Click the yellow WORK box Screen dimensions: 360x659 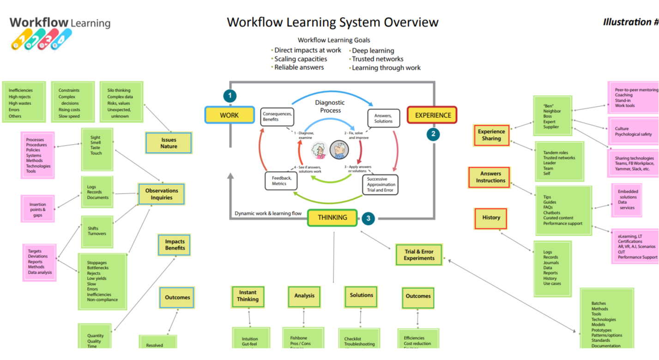tap(230, 115)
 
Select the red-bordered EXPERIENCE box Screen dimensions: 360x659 tap(432, 115)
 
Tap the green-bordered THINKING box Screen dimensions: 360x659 tap(332, 218)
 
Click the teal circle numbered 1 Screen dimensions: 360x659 tap(230, 96)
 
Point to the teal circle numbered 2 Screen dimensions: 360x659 tap(433, 134)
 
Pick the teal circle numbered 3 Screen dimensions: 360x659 tap(368, 219)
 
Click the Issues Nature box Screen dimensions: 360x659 tap(169, 143)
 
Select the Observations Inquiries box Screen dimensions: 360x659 tap(162, 194)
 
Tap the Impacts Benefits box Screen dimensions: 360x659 tap(175, 244)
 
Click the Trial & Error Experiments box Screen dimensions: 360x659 tap(419, 255)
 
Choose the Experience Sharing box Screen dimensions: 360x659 tap(491, 135)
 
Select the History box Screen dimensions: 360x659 tap(491, 218)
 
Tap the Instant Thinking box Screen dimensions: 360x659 tap(248, 296)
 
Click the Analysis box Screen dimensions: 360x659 tap(304, 296)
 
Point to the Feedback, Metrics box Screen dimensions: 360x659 tap(281, 181)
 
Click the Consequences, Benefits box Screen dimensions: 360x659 tap(277, 116)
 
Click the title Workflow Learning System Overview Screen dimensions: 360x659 tap(333, 22)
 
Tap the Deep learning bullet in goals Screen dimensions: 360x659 tap(373, 51)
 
